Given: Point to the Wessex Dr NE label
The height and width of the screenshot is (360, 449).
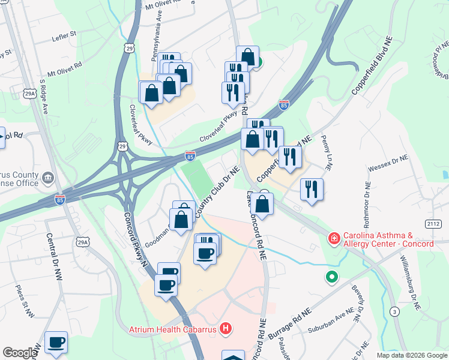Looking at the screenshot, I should point(388,161).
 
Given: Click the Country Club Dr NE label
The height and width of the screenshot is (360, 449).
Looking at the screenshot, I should point(217,192).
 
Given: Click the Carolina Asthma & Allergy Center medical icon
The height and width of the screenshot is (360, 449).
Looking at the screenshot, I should point(333,239).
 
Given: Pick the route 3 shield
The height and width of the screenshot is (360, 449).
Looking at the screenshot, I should point(394,311).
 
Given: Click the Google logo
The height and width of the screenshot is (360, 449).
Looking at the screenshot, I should point(19,353).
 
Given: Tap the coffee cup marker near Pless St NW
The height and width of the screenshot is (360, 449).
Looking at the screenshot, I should point(56,343).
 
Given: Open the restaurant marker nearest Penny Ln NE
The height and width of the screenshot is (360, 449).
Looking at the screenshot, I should point(312,189).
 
